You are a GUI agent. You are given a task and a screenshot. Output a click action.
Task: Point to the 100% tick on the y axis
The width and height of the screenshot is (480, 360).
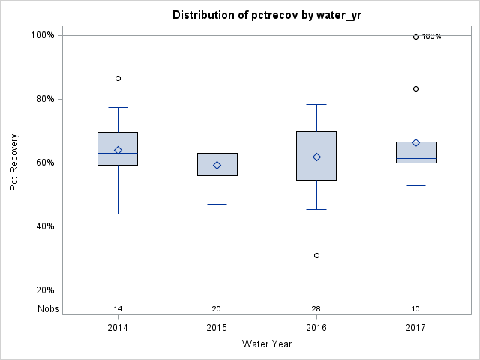pos(41,35)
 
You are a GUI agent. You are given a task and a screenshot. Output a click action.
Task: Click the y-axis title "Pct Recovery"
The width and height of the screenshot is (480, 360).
pos(14,163)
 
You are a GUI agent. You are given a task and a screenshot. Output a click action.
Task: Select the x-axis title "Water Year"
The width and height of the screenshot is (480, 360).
pos(267,344)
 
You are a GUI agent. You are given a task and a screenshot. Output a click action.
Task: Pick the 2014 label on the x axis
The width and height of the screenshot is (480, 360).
pos(118,328)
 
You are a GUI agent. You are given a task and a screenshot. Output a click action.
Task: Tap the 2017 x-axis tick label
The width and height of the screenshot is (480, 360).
pos(415,328)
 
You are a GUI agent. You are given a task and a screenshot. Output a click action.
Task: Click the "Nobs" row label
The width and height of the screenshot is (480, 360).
pos(49,309)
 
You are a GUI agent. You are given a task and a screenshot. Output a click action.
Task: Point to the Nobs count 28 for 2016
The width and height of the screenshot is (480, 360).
pos(316,309)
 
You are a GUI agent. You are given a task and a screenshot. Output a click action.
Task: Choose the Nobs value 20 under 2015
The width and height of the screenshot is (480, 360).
pos(217,309)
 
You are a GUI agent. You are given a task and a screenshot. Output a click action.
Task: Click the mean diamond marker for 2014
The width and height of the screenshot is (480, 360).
pos(118,150)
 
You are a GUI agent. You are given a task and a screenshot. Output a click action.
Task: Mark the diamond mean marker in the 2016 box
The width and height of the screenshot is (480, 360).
pos(316,157)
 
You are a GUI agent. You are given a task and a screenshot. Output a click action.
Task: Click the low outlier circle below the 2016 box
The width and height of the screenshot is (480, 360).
pos(316,255)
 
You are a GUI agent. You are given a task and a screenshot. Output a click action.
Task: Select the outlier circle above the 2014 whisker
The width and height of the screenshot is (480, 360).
pos(118,78)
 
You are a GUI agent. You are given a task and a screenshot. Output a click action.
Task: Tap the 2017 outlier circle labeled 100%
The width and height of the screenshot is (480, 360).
pos(415,37)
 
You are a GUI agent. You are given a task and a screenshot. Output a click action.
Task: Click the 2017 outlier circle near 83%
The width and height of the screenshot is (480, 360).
pos(415,88)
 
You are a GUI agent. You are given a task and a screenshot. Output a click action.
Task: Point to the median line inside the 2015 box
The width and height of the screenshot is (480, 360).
pos(217,163)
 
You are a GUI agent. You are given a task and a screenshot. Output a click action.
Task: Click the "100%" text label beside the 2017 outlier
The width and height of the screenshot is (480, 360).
pos(431,37)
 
